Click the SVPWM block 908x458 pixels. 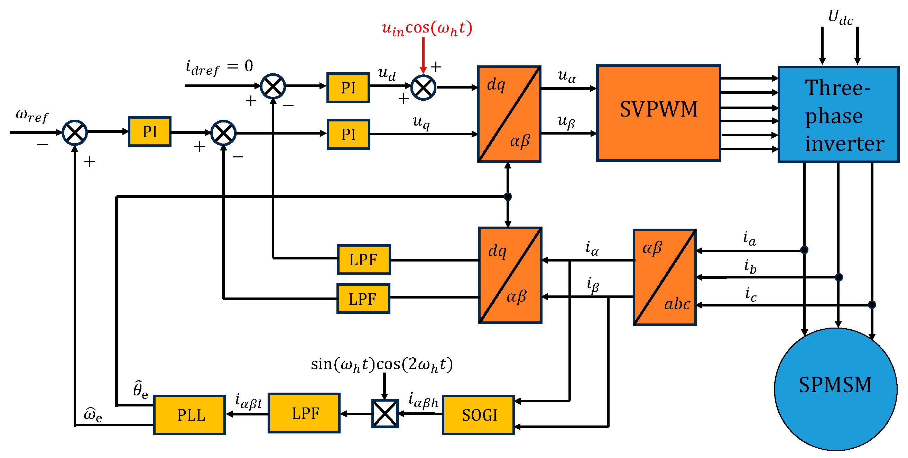658,113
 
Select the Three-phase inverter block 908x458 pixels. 838,114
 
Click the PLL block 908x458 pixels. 189,415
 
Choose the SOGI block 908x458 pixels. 478,415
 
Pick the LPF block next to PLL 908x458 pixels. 304,413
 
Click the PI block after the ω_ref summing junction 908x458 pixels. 150,131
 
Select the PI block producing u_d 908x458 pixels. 348,88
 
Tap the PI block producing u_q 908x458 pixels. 348,134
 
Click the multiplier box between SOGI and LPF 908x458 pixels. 385,413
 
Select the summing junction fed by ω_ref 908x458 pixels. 75,132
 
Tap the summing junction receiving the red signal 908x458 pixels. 423,88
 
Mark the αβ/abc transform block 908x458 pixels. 665,277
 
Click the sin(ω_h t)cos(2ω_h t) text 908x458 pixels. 382,364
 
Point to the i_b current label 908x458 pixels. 750,266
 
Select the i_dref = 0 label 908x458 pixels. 219,67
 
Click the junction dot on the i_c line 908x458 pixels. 872,305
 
